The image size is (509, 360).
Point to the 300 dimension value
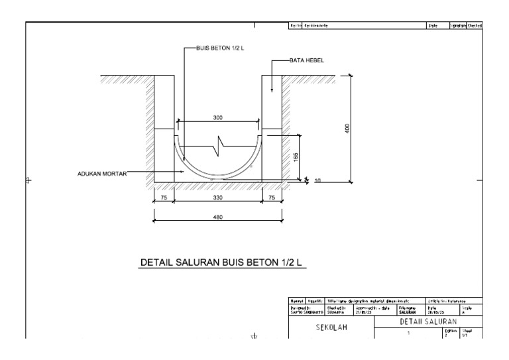[218, 117]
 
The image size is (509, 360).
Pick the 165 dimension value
[296, 156]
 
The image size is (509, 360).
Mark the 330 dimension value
[218, 198]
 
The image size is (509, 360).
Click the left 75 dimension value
[163, 198]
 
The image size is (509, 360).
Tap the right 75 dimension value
[272, 198]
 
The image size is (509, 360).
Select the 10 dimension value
[317, 180]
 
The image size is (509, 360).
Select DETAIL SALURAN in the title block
[429, 321]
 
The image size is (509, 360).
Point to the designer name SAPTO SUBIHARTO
[308, 312]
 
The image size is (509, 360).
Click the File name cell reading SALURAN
[406, 312]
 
